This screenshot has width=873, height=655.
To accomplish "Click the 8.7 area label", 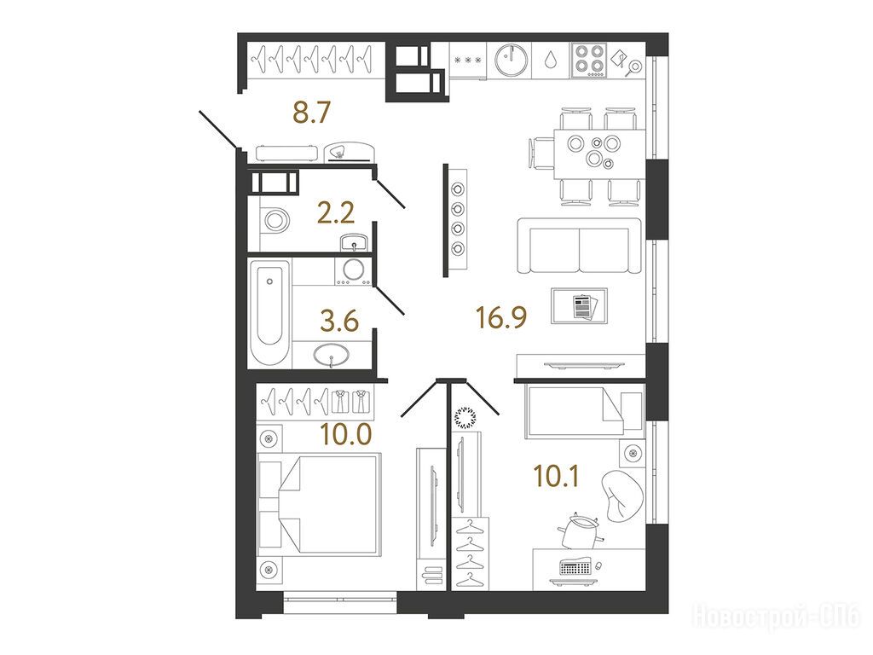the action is point(312,113).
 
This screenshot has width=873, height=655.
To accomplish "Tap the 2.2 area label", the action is point(336,212).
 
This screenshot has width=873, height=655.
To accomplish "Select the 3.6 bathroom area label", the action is point(339,322).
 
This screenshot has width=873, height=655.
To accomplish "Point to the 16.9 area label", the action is point(501,317).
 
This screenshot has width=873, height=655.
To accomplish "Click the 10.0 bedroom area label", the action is point(346,434).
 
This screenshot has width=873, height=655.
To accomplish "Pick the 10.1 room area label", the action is point(556,476).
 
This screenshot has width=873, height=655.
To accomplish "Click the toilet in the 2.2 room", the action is point(275,221).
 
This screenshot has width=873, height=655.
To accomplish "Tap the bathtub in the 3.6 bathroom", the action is point(269,312).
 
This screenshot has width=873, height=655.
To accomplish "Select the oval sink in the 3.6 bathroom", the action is point(332,354).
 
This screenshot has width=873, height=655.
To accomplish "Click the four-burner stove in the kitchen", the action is point(589,60).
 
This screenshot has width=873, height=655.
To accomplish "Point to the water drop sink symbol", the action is point(551,60).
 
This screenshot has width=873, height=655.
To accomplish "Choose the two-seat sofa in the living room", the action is point(579,246).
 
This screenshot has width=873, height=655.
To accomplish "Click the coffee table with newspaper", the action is point(579,306).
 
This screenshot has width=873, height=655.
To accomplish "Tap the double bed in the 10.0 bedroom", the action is point(320,504).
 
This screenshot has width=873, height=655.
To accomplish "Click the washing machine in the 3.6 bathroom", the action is point(353,271).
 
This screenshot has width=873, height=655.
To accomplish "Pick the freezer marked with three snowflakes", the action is point(468,61).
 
